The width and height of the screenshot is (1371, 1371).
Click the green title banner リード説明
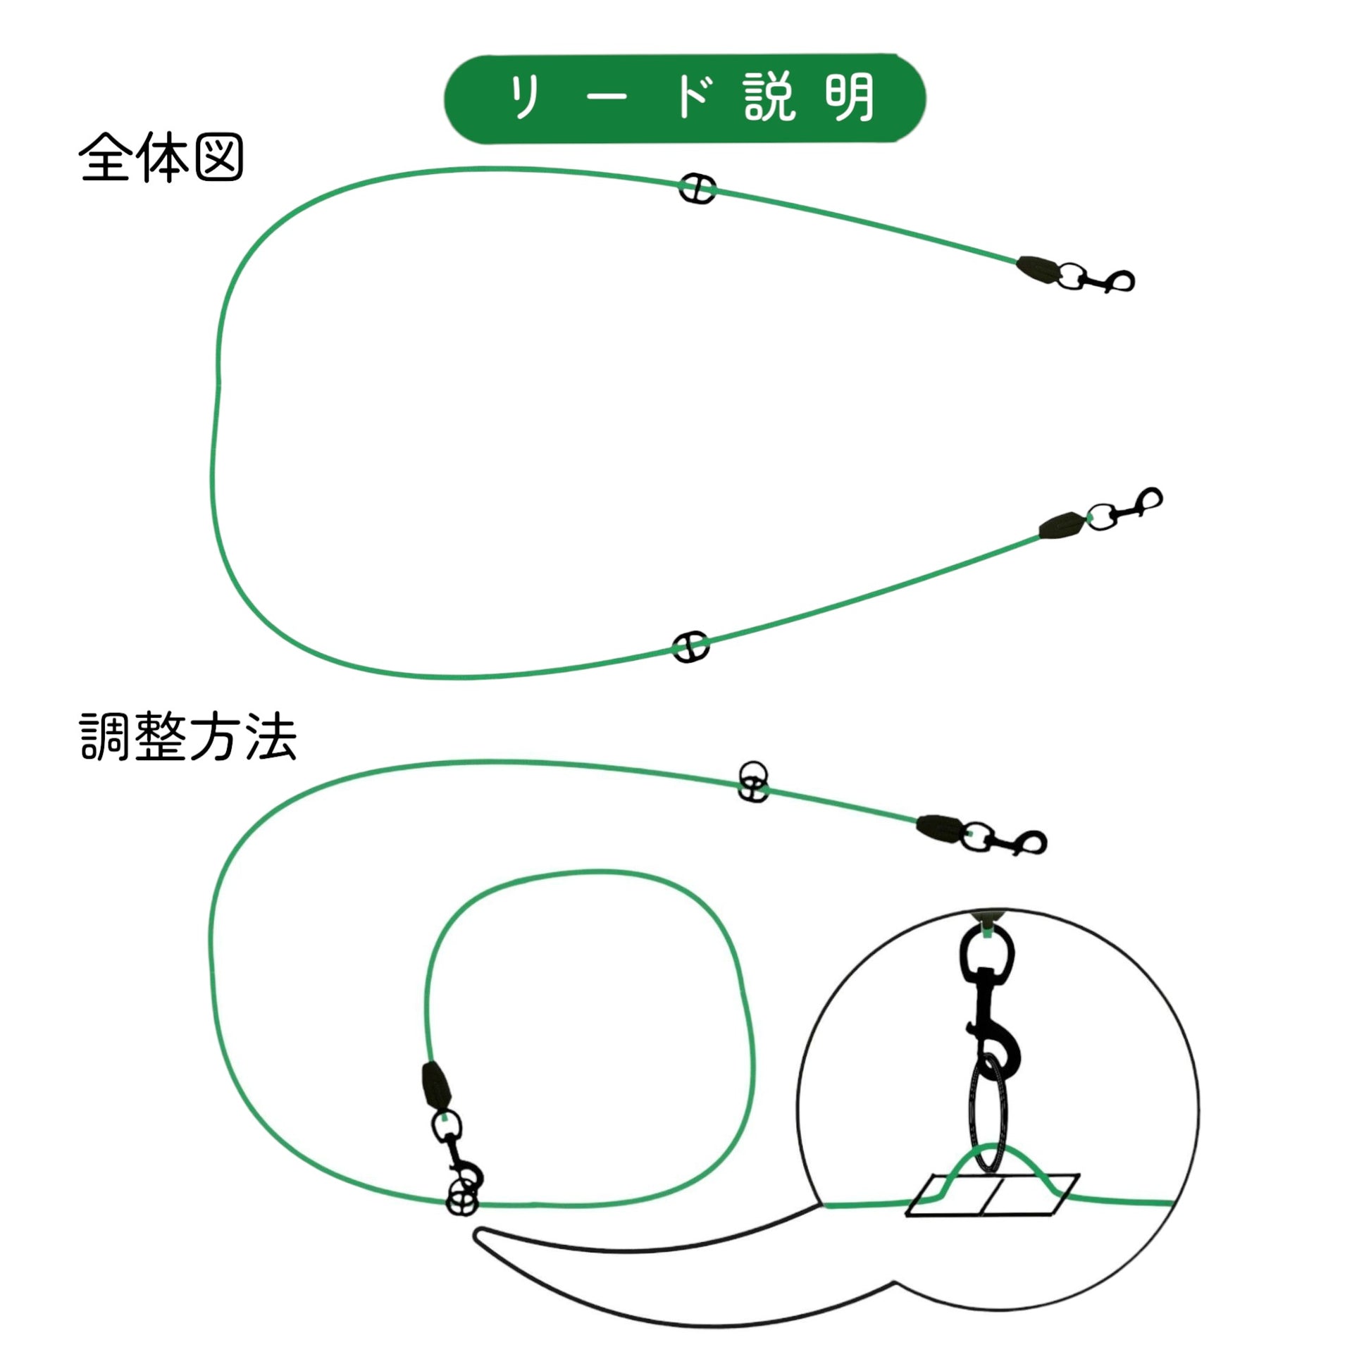685,99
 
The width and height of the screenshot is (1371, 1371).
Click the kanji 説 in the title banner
771,98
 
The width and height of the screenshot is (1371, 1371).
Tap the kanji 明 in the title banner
849,98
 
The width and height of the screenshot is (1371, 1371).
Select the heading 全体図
161,158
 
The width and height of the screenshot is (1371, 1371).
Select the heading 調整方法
187,738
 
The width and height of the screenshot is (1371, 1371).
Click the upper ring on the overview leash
697,188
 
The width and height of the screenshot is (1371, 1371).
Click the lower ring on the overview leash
690,647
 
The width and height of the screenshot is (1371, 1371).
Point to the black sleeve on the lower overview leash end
1062,525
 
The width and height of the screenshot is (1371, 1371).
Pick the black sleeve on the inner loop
435,1085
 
